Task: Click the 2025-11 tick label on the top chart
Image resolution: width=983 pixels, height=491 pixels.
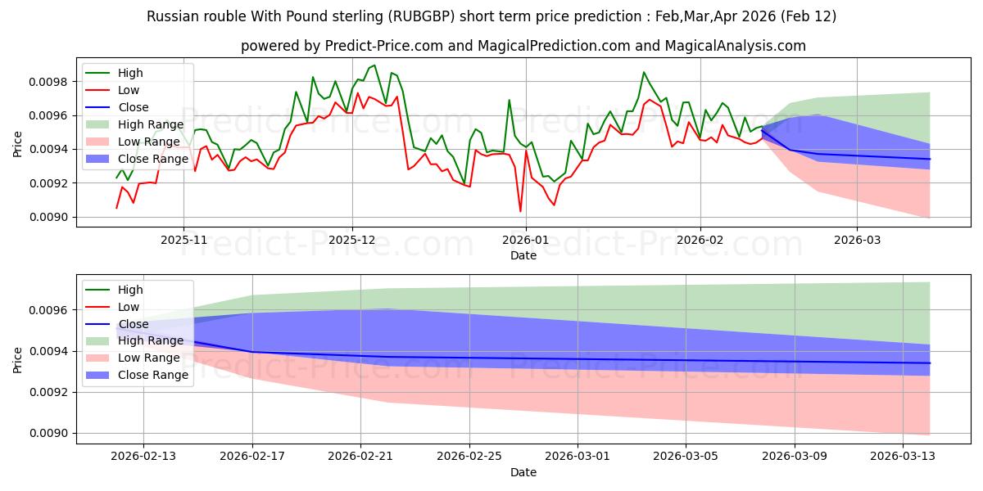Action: (183, 239)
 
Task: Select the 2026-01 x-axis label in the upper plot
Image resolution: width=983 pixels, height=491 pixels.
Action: (525, 239)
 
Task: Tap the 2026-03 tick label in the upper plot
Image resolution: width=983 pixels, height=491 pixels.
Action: (857, 239)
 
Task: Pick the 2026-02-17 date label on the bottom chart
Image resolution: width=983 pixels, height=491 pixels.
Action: (251, 455)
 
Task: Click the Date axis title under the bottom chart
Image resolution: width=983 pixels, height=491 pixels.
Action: (523, 472)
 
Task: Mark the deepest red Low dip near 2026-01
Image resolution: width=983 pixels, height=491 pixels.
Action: (520, 211)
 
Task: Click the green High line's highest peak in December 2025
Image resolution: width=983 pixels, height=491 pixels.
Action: (374, 65)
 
